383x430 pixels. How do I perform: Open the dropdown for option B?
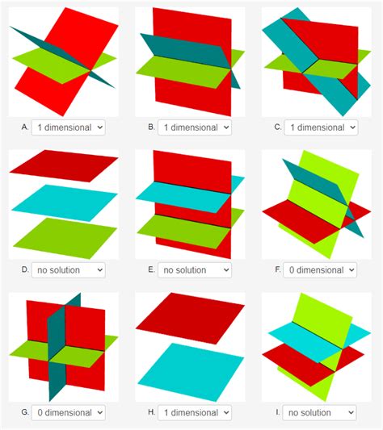click(x=195, y=127)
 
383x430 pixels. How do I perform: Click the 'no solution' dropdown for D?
click(x=69, y=269)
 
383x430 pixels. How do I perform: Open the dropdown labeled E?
click(x=195, y=269)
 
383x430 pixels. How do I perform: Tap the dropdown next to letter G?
click(x=69, y=412)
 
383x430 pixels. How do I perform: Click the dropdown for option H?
click(x=195, y=412)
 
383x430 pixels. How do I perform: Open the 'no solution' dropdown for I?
click(x=321, y=412)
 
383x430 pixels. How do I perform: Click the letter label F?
click(x=278, y=269)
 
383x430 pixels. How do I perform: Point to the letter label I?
click(x=278, y=412)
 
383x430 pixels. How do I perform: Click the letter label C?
click(x=278, y=127)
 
